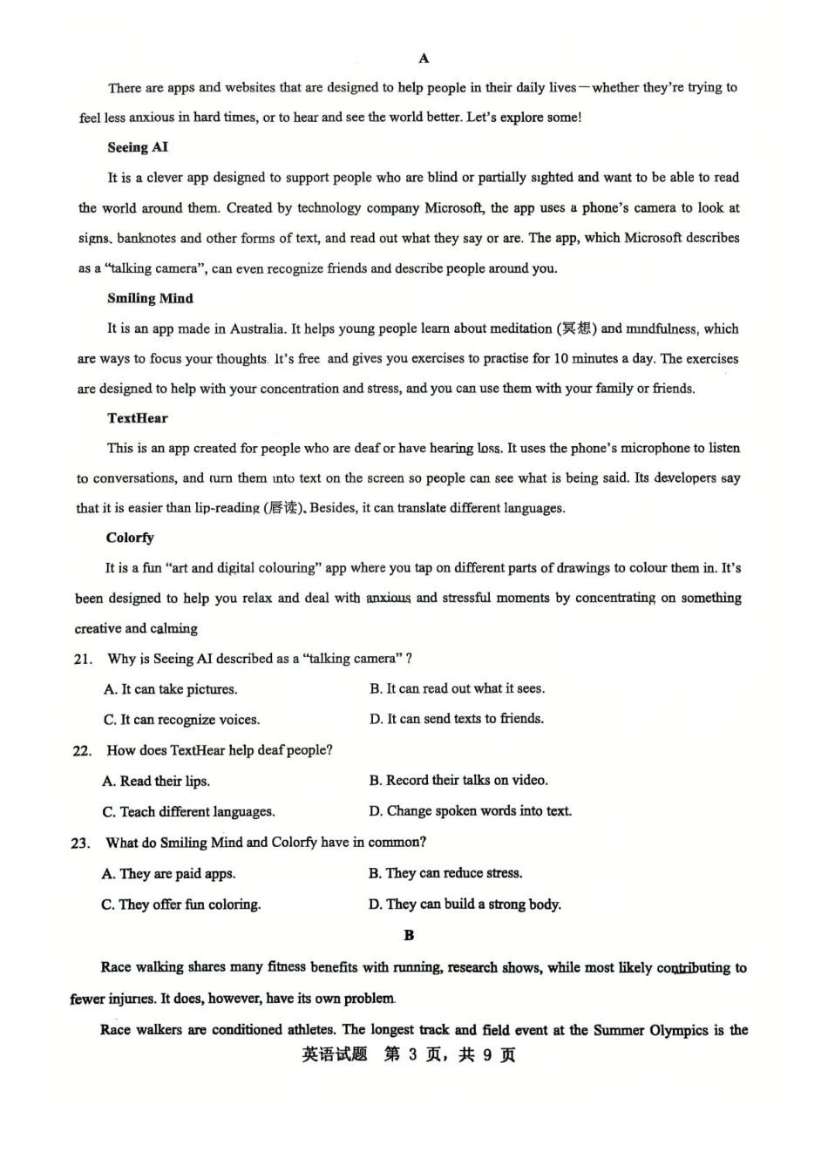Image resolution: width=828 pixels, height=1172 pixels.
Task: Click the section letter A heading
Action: click(x=424, y=58)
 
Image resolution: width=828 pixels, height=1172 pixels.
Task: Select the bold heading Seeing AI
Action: click(x=138, y=147)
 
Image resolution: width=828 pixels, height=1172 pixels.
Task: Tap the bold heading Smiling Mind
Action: click(x=150, y=298)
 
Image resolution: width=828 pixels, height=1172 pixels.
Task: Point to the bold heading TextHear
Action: click(x=138, y=418)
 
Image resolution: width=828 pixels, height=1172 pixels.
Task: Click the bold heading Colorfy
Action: click(x=130, y=538)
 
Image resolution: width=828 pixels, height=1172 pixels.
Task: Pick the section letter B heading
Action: click(x=409, y=935)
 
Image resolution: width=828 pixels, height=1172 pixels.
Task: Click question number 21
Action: click(x=83, y=659)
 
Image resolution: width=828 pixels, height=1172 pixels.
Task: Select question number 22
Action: click(x=82, y=750)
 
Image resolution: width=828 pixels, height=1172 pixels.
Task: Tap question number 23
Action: click(x=81, y=843)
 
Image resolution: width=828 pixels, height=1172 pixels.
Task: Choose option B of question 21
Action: click(x=457, y=688)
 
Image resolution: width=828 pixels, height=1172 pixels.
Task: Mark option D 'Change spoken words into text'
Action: click(x=470, y=811)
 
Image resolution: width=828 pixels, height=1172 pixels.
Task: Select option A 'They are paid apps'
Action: click(x=168, y=873)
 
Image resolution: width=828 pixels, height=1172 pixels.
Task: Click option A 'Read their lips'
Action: click(x=156, y=781)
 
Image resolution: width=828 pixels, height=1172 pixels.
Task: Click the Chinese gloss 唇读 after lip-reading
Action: click(x=283, y=508)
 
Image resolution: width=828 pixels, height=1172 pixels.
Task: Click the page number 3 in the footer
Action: click(x=413, y=1054)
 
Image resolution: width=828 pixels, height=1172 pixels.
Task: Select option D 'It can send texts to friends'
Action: click(x=457, y=719)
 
